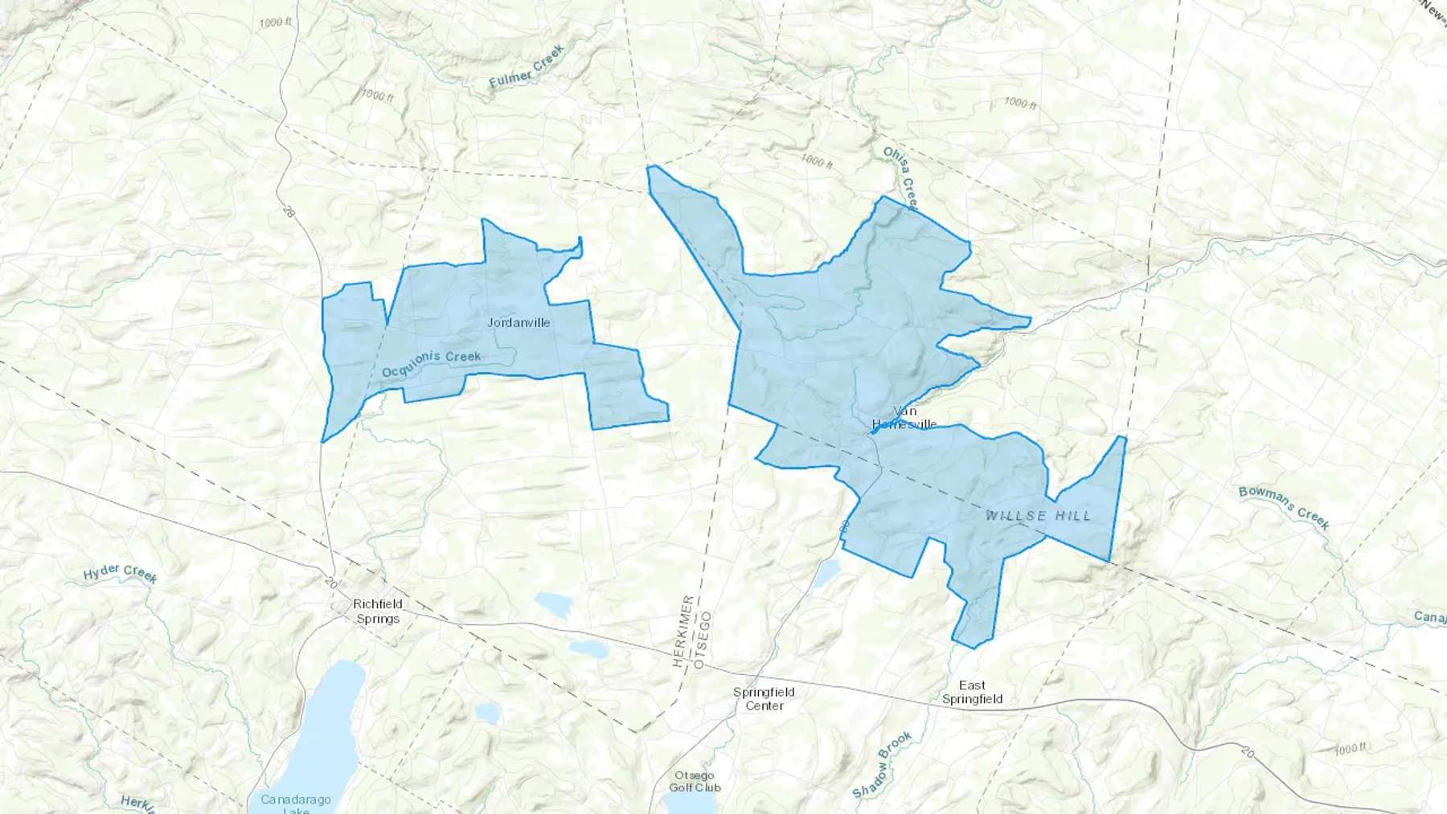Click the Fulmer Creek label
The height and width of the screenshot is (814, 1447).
527,67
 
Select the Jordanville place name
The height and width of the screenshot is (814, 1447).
519,323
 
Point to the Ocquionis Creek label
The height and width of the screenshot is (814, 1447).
431,364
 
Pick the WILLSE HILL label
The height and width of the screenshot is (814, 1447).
1039,516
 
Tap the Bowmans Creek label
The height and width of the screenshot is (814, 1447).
1284,508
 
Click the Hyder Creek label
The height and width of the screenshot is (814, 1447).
121,574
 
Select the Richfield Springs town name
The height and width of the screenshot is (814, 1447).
378,612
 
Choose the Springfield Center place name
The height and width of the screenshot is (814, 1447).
764,699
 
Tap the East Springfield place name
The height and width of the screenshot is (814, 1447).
972,692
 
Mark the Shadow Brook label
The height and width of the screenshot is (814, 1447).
882,764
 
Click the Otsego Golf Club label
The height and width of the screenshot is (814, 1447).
695,782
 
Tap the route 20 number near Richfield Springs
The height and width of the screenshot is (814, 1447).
332,582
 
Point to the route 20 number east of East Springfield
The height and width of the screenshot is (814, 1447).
1247,753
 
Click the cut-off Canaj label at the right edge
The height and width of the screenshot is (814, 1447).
1429,617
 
